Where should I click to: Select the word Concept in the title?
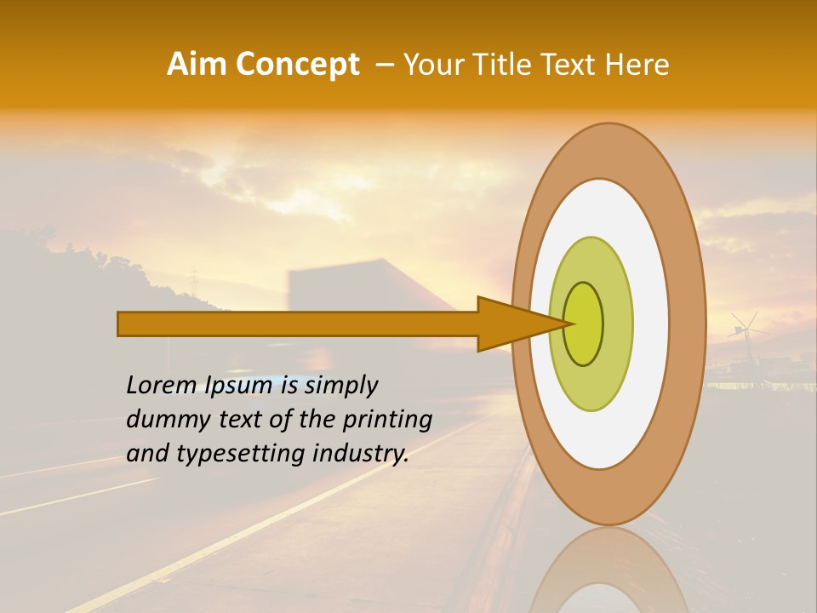tap(297, 65)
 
